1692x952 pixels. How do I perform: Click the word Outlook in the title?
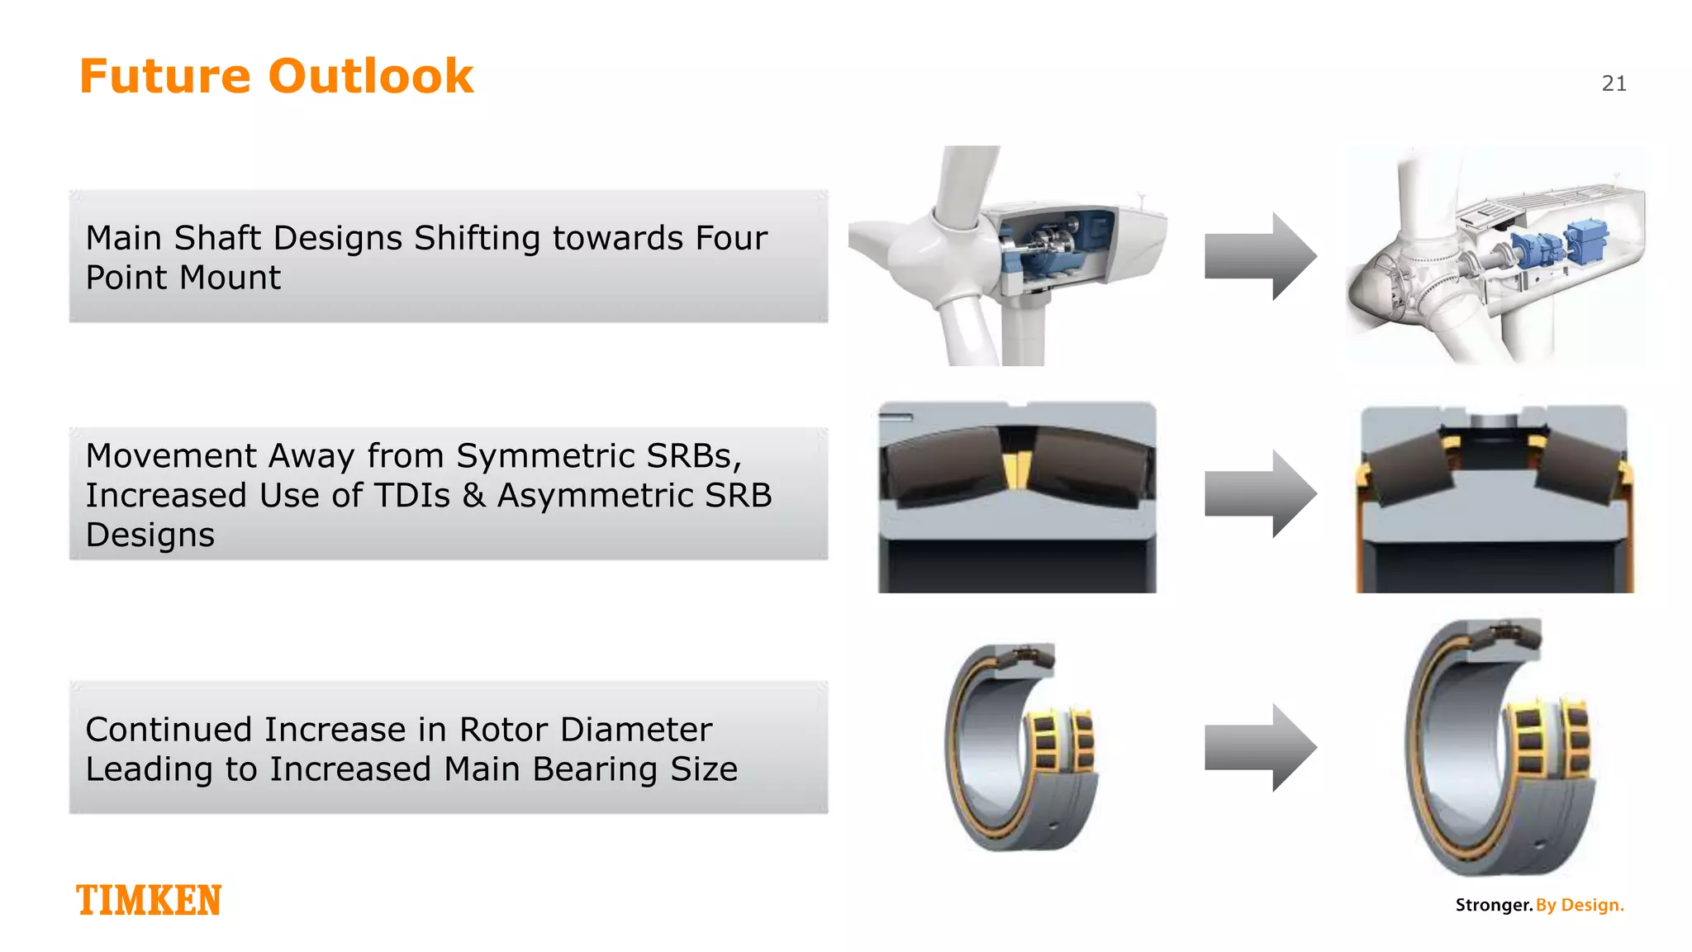[371, 76]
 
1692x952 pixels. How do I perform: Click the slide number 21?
[1614, 83]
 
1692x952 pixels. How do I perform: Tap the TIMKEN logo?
[149, 900]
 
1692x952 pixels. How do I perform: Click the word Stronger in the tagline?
[1493, 905]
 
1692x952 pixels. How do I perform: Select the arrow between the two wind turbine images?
[1260, 256]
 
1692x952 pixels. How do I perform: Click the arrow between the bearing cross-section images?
[1260, 494]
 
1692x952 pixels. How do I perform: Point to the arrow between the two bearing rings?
[1260, 747]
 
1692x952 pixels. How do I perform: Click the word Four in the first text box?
[731, 238]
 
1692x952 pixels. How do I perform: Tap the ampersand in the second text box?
[473, 496]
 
